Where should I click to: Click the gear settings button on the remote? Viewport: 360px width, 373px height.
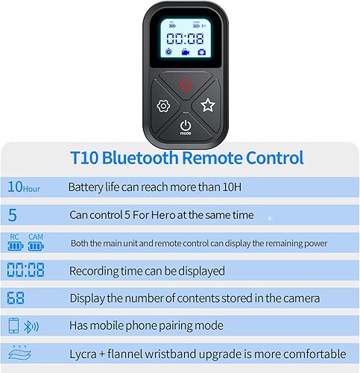click(163, 106)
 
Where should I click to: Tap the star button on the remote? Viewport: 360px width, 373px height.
click(207, 106)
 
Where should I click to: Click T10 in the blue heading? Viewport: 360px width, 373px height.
click(83, 157)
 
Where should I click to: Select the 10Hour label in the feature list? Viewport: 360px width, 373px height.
click(24, 187)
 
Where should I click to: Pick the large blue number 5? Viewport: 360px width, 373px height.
click(12, 215)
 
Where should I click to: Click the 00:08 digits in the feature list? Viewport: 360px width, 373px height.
click(25, 270)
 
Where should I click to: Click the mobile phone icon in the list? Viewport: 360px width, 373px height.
click(13, 326)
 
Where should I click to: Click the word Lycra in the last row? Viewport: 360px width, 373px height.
click(84, 354)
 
